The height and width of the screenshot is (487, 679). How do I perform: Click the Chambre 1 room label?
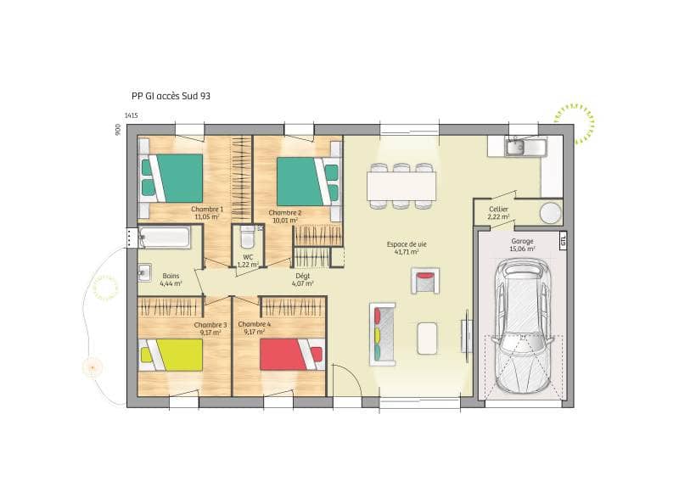coord(207,213)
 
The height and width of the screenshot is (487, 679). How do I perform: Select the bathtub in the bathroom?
coord(165,237)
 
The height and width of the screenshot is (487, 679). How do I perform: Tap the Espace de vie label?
coord(410,248)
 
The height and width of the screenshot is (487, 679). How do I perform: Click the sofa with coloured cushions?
coord(383,334)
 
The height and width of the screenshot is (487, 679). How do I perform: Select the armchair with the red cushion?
coord(425,280)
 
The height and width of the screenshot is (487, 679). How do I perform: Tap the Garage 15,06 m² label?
coord(522,245)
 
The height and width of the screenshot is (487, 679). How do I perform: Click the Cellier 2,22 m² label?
coord(498,213)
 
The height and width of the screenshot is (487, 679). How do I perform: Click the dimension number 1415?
coord(131,115)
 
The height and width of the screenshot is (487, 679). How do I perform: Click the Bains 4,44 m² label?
coord(171,279)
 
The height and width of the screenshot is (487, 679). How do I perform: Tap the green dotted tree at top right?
coord(575,124)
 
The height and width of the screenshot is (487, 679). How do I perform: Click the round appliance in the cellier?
coord(551,212)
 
